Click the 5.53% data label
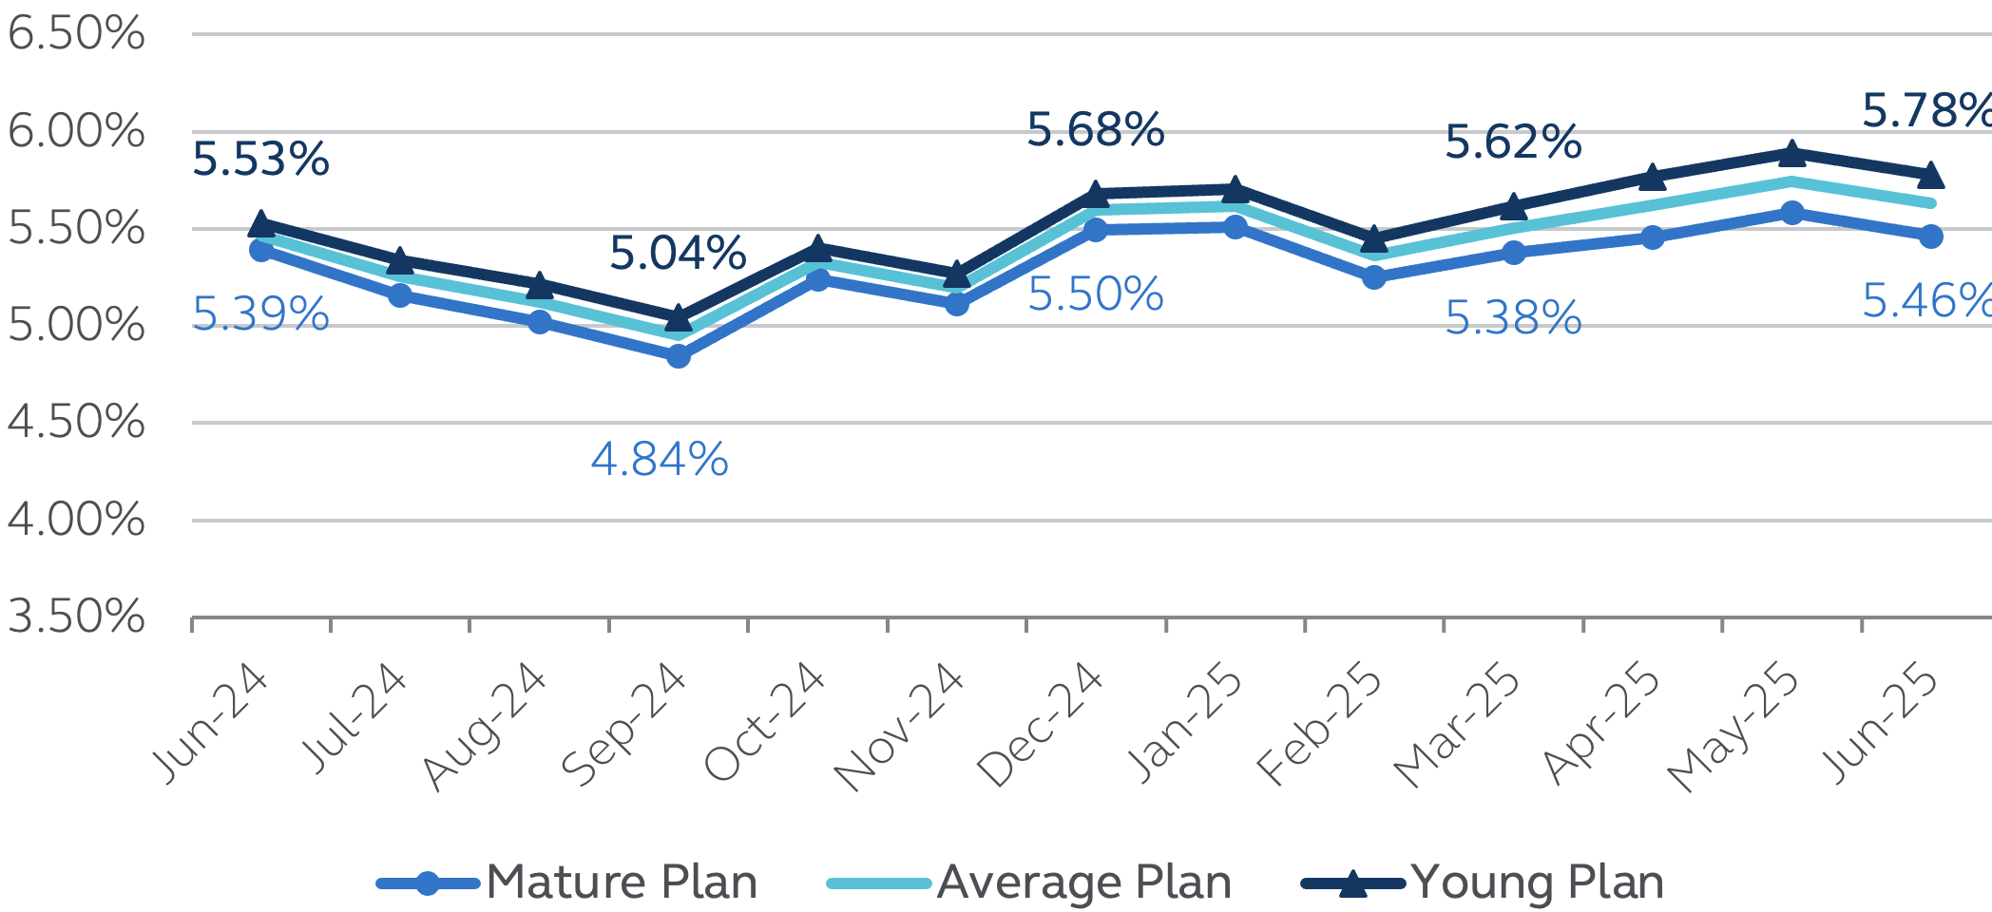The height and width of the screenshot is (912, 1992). click(x=260, y=160)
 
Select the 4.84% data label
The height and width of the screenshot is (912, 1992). click(x=660, y=460)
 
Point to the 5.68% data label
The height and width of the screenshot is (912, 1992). click(x=1095, y=130)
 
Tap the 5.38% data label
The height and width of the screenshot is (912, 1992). click(x=1513, y=318)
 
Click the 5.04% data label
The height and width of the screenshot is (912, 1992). click(x=678, y=254)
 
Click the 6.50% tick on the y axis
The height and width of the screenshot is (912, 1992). click(x=76, y=34)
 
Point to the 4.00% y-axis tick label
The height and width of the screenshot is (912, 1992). click(x=76, y=521)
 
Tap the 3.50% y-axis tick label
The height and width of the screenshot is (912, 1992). click(x=76, y=617)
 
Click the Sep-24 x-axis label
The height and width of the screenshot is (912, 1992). click(x=623, y=724)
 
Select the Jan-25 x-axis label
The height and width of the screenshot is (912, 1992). click(x=1184, y=724)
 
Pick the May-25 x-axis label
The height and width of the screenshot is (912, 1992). click(x=1733, y=728)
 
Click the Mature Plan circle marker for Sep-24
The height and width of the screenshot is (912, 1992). click(x=679, y=356)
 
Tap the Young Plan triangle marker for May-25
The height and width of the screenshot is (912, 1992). click(x=1791, y=153)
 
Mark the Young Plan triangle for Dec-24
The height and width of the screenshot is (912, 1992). click(x=1096, y=195)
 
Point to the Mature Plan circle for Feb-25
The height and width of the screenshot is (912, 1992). click(x=1374, y=277)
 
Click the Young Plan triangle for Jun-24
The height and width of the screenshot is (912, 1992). click(x=261, y=224)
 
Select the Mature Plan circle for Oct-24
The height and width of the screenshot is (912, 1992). click(x=817, y=279)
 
